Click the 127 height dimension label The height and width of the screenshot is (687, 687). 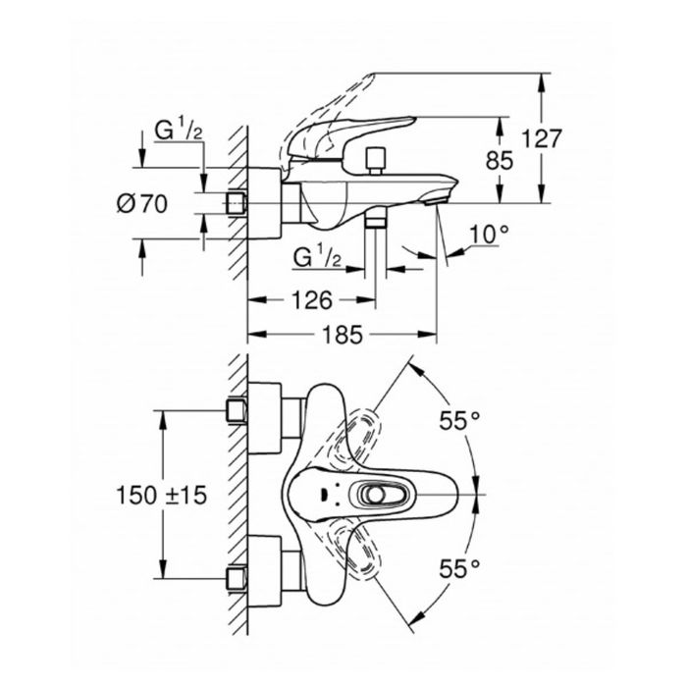pyautogui.click(x=542, y=139)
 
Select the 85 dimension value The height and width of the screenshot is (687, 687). pyautogui.click(x=499, y=160)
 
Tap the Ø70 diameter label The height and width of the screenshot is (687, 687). pyautogui.click(x=142, y=204)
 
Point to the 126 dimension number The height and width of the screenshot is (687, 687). pyautogui.click(x=312, y=300)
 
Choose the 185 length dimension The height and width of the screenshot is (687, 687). pyautogui.click(x=343, y=335)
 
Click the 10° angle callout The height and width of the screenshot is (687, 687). pyautogui.click(x=490, y=234)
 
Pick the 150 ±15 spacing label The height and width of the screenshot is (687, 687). pyautogui.click(x=161, y=496)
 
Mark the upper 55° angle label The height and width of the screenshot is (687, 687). pyautogui.click(x=459, y=421)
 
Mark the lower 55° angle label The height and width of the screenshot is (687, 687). pyautogui.click(x=459, y=569)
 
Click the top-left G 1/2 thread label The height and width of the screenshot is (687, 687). pyautogui.click(x=179, y=130)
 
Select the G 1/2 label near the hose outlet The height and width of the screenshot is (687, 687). pyautogui.click(x=317, y=257)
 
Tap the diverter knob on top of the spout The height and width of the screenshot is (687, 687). pyautogui.click(x=376, y=161)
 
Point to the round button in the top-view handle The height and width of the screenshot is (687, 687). pyautogui.click(x=375, y=495)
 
